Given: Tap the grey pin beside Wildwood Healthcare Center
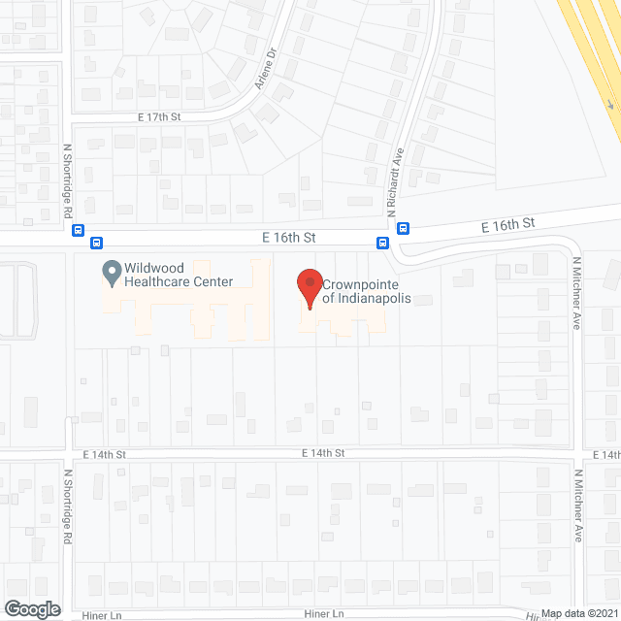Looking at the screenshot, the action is pyautogui.click(x=111, y=272).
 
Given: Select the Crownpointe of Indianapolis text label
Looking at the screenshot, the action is pyautogui.click(x=368, y=292).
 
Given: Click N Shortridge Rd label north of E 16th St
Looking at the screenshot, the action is pyautogui.click(x=68, y=182).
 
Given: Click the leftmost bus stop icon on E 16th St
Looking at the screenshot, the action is pyautogui.click(x=76, y=231).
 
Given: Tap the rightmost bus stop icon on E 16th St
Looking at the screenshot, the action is pyautogui.click(x=403, y=230).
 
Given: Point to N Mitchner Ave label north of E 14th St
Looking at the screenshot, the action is pyautogui.click(x=575, y=293).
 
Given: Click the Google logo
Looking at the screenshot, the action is pyautogui.click(x=30, y=609).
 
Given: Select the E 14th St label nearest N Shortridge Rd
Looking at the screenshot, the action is pyautogui.click(x=105, y=454).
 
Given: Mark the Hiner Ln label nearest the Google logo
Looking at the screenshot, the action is pyautogui.click(x=101, y=614).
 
